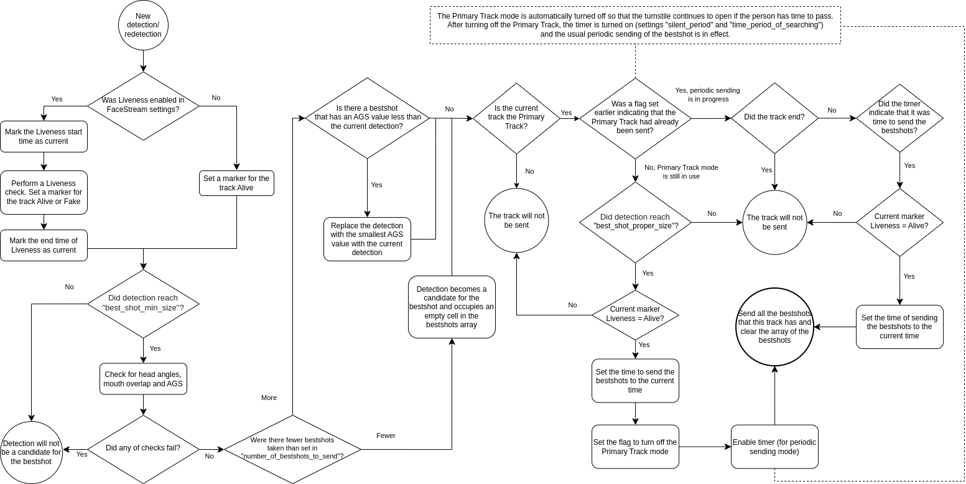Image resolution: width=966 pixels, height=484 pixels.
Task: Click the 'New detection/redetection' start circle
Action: pos(143,26)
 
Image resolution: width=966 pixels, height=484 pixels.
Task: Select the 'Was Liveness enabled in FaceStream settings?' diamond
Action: pos(143,106)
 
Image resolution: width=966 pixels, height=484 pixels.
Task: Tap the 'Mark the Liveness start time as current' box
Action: pos(44,137)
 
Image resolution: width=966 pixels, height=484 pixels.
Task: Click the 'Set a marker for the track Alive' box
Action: pos(236,183)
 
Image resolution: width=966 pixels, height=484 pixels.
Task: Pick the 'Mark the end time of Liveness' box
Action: pos(44,245)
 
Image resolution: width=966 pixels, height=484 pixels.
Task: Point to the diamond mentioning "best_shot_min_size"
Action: pos(143,304)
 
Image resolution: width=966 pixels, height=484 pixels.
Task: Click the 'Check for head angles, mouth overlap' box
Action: pos(143,379)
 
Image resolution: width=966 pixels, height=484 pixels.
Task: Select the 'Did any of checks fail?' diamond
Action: pos(143,448)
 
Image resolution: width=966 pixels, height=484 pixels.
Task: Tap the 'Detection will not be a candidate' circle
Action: pos(31,452)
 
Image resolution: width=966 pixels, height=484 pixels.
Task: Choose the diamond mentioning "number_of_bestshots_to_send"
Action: pos(292,448)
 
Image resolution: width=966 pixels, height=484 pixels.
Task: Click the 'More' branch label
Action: pos(269,398)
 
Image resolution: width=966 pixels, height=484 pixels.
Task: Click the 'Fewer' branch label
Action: pos(386,435)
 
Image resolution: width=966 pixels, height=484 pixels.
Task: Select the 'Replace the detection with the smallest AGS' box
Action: pos(367,239)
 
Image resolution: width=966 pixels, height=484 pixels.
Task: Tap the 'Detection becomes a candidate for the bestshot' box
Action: pos(452,307)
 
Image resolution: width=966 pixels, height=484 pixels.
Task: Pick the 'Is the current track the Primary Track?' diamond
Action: pos(516,117)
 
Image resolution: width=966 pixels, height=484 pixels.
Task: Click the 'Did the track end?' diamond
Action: pos(774,118)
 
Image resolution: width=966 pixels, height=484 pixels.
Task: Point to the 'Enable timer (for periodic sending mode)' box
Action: pos(774,447)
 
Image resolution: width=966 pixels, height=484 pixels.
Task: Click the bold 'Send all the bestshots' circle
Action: pos(774,327)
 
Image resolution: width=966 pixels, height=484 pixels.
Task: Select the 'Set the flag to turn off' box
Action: pos(635,447)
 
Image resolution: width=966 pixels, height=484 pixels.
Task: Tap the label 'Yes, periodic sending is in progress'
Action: pos(708,95)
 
